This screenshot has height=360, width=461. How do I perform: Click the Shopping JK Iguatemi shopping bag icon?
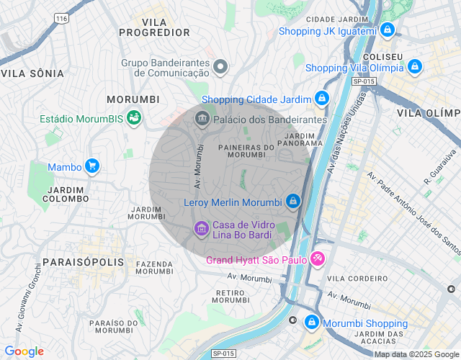point(388,30)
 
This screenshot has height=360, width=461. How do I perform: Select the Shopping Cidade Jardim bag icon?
point(321,99)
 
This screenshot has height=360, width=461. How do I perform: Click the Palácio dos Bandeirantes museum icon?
point(202,119)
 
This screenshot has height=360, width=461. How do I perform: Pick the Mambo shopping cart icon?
point(91,166)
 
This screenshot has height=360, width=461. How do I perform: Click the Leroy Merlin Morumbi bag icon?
point(292,202)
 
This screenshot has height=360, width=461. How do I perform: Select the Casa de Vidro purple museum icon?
point(201,229)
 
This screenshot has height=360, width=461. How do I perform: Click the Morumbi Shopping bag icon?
point(311,323)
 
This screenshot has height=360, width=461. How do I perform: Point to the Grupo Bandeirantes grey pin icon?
point(221,67)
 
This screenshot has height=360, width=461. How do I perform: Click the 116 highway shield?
point(61,17)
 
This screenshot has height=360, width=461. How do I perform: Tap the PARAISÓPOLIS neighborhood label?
point(83,263)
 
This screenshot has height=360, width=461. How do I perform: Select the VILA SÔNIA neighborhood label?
point(32,73)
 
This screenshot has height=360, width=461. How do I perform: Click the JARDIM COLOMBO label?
point(67,194)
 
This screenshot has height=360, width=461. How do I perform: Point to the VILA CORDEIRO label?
point(353,278)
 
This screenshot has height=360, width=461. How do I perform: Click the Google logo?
point(24,351)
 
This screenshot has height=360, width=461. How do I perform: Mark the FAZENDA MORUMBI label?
point(154,268)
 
